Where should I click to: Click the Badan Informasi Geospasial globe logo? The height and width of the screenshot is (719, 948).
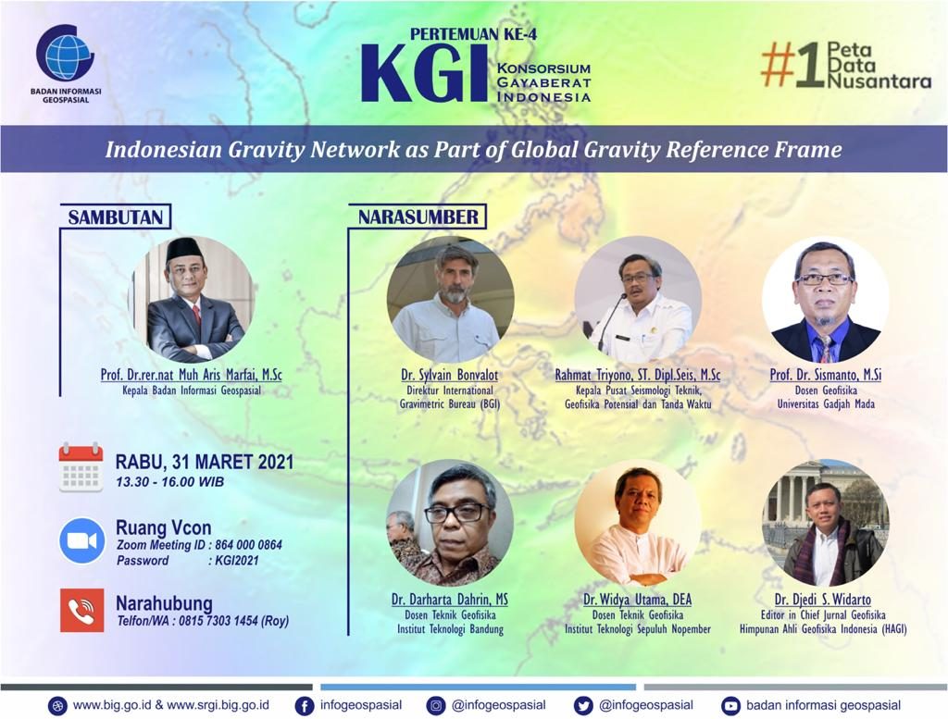tap(65, 55)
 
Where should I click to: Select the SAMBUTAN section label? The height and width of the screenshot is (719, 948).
tap(116, 217)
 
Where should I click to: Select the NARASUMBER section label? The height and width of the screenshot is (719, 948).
tap(418, 217)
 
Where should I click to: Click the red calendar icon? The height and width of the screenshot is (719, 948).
tap(81, 467)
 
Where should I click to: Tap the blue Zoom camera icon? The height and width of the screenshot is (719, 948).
tap(82, 540)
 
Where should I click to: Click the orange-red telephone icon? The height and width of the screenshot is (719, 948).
tap(82, 610)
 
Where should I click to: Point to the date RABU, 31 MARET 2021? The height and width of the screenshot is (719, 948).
tap(205, 463)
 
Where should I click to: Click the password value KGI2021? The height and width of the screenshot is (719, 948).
tap(236, 560)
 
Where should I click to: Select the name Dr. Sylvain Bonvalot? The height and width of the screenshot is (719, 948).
tap(449, 375)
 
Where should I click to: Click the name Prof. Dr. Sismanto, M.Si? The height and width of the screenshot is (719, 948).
tap(825, 375)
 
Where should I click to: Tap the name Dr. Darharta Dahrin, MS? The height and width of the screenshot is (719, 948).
tap(449, 600)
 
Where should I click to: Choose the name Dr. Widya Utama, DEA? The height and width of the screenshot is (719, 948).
tap(637, 600)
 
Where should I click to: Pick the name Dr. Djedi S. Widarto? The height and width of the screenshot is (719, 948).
tap(823, 600)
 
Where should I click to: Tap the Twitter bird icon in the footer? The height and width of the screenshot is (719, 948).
tap(583, 706)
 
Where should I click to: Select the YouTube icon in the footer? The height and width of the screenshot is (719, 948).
tap(730, 706)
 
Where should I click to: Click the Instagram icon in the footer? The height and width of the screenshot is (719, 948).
tap(435, 706)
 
